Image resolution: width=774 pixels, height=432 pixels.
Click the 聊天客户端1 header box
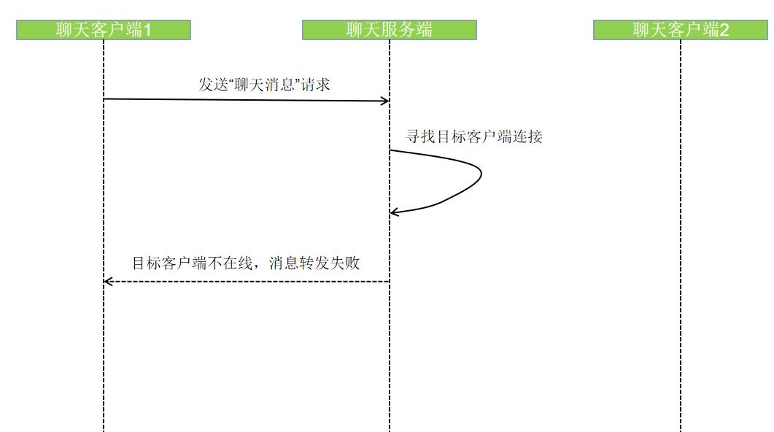[x=104, y=30]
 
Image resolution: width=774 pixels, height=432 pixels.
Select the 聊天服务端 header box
[x=389, y=30]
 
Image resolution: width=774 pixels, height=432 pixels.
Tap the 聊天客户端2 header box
[x=681, y=30]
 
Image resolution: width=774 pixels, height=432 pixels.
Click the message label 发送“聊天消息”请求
[x=264, y=85]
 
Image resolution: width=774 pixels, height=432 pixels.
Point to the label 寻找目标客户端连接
[x=474, y=136]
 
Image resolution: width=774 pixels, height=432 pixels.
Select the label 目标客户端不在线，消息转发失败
[x=246, y=263]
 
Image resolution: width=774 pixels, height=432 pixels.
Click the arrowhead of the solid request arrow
[x=386, y=101]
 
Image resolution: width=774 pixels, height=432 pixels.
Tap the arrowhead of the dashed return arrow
[x=107, y=281]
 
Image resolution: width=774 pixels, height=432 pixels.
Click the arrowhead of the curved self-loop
[x=393, y=212]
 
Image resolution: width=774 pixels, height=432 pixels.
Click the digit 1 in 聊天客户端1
[x=147, y=30]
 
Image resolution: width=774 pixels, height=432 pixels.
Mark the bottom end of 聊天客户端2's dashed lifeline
[x=681, y=429]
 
